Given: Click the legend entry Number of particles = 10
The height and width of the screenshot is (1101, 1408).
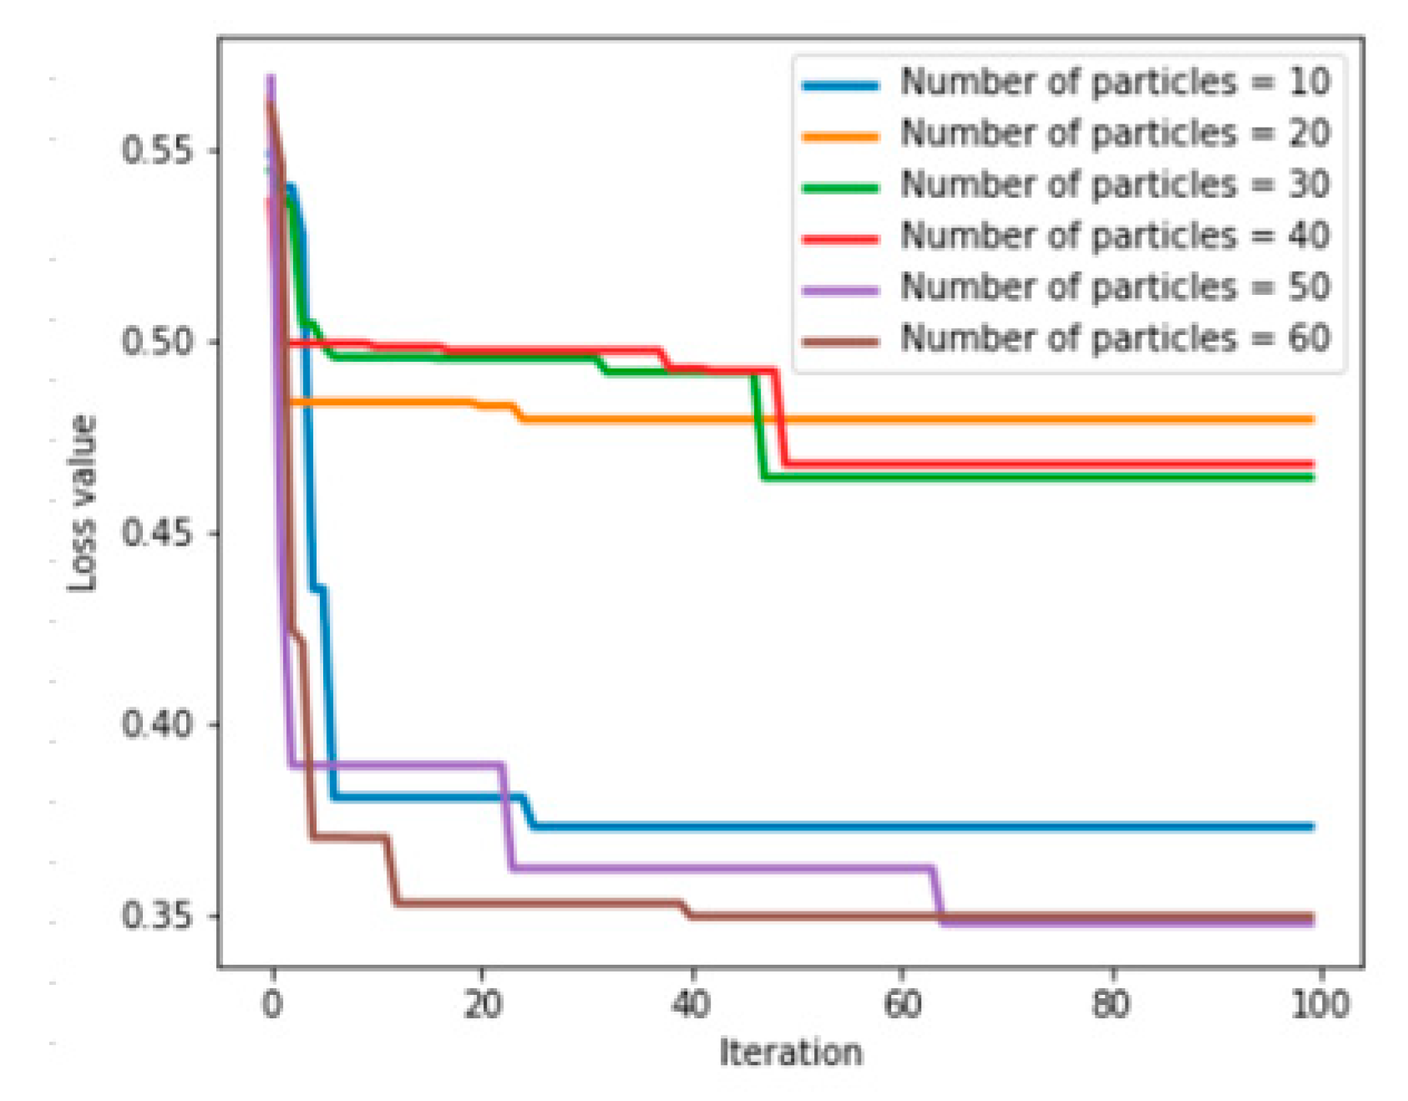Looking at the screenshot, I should click(x=1114, y=83).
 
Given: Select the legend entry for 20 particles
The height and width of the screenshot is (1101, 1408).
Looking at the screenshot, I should click(x=1114, y=134).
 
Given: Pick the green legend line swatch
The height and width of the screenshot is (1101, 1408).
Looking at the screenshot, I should click(x=840, y=187).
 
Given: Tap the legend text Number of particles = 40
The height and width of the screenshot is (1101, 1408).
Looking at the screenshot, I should click(x=1114, y=236).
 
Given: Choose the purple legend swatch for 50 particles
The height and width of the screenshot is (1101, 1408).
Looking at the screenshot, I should click(x=840, y=290).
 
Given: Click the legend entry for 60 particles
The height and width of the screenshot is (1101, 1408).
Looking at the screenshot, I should click(x=1114, y=339).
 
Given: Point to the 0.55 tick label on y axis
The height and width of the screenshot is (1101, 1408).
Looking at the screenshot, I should click(x=157, y=150).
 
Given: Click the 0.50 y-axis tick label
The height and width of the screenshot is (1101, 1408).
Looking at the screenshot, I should click(x=157, y=342).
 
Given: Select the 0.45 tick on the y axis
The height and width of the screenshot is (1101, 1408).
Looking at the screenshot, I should click(x=157, y=533).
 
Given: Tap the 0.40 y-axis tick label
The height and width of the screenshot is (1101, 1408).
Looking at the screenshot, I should click(x=157, y=723).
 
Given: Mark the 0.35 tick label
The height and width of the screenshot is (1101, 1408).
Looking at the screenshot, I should click(x=157, y=916).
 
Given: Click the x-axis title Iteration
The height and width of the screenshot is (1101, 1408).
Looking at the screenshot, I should click(x=790, y=1053).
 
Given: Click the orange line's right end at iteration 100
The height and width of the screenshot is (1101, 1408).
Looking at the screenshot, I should click(x=1311, y=419).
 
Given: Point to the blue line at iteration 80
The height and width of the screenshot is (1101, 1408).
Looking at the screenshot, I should click(x=1112, y=827).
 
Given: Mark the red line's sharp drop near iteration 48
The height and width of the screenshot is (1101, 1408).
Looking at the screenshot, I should click(x=781, y=418).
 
